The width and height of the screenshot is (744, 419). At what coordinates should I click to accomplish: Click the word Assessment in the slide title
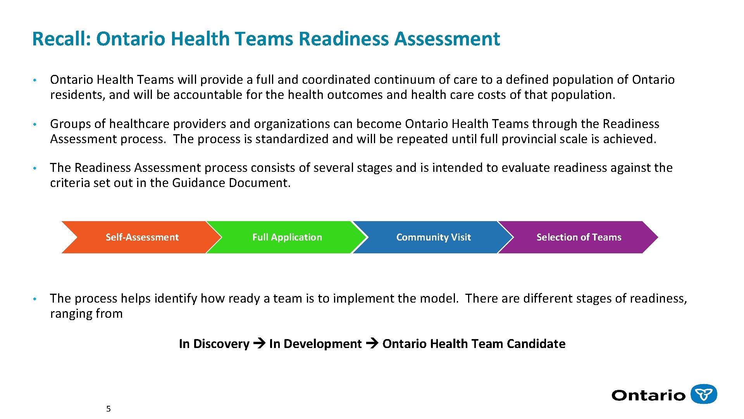coord(447,39)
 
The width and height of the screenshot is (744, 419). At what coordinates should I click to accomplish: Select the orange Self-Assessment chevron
coord(142,237)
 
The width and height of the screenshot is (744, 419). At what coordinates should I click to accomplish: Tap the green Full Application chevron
coord(287,237)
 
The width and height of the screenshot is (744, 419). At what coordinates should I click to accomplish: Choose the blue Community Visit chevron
coord(433,237)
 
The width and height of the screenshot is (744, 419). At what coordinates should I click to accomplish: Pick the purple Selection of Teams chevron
coord(579,237)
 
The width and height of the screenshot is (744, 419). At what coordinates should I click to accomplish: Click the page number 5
coord(108,409)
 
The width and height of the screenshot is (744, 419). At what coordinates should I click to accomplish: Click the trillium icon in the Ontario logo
coord(704,394)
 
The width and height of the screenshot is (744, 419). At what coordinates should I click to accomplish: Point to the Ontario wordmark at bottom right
coord(648,395)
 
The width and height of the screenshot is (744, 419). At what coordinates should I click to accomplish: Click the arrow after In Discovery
coord(259,343)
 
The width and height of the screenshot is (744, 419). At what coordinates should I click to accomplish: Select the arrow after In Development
coord(372,343)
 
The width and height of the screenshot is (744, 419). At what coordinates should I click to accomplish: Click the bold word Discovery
coord(221,344)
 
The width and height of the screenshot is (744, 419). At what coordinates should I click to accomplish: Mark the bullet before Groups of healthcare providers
coord(34,124)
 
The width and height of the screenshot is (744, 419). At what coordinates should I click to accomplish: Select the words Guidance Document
coord(231,183)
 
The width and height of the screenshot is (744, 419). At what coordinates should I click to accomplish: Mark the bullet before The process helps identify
coord(34,299)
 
